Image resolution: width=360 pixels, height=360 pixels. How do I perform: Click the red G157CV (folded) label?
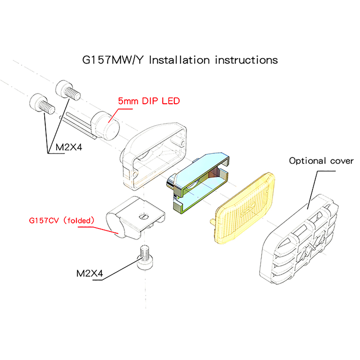point(61,221)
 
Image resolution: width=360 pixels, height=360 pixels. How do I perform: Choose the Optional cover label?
point(321,161)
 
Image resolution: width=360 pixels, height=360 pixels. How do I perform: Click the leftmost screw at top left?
point(41,103)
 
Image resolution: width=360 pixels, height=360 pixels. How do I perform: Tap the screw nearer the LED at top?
point(68,90)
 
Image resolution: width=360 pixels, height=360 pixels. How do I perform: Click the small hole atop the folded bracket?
point(143,216)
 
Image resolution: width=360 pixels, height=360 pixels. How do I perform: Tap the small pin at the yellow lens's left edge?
point(213,220)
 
